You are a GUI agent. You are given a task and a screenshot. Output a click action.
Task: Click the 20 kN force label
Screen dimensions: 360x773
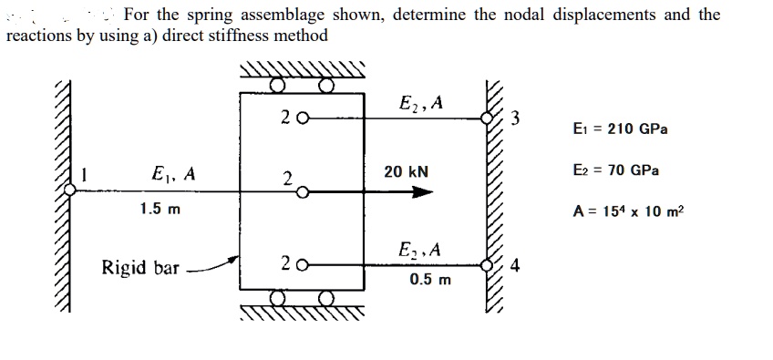[x=406, y=171]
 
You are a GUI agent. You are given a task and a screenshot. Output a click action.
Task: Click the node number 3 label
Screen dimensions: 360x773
[x=516, y=117]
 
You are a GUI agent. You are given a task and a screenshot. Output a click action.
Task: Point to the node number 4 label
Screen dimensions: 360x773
[x=516, y=267]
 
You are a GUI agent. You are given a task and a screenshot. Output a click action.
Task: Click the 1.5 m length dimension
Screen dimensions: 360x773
[x=160, y=209]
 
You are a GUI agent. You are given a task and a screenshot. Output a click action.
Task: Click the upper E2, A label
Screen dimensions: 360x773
[x=420, y=102]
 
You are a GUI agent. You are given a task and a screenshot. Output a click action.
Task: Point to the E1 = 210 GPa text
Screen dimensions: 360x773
[x=620, y=129]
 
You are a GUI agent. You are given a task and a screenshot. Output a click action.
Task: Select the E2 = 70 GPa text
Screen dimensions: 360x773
[x=616, y=170]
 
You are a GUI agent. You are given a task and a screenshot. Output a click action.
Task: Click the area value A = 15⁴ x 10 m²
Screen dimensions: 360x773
[x=627, y=211]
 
